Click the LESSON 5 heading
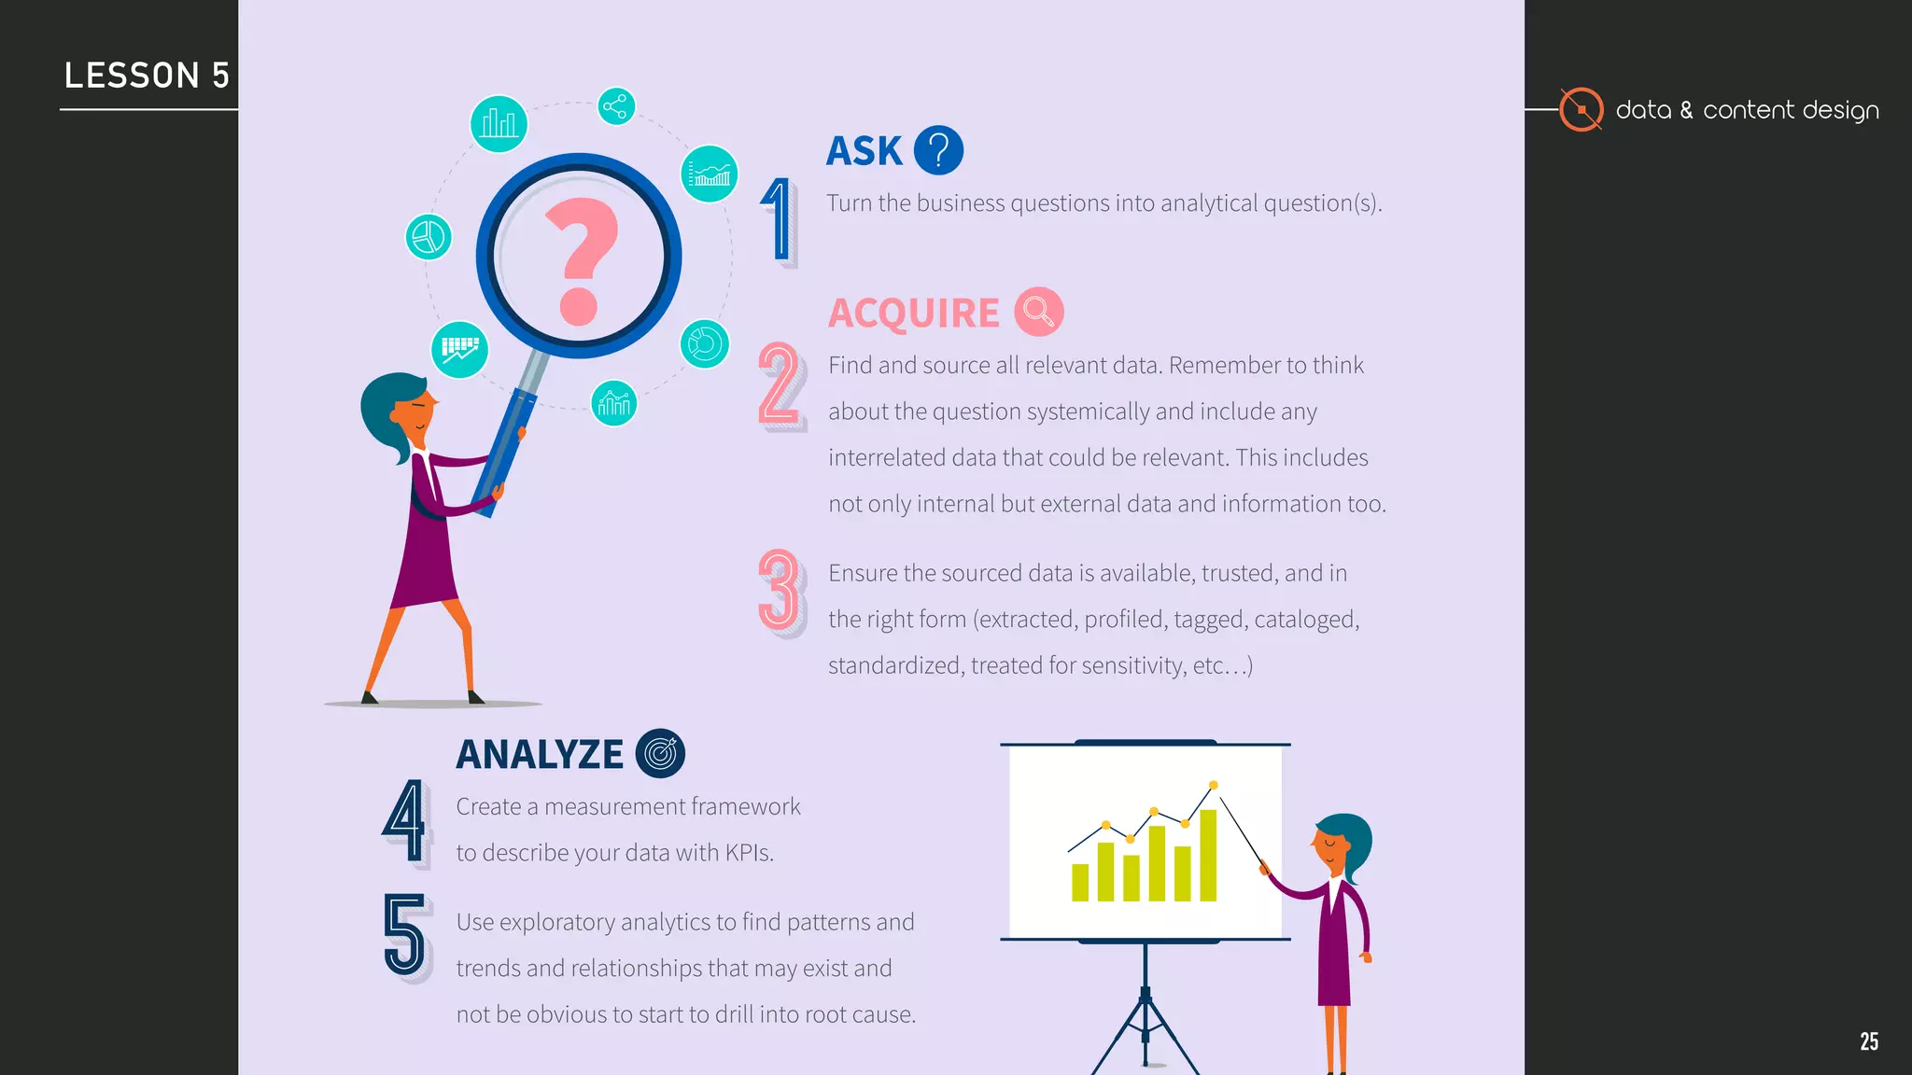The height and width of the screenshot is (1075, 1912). pos(147,76)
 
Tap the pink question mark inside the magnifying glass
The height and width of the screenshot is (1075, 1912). pos(581,260)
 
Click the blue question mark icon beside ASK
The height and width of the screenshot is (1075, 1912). pos(938,150)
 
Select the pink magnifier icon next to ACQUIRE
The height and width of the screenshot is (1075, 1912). pos(1038,312)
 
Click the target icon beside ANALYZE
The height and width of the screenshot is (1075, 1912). pos(660,753)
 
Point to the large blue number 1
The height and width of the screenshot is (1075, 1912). pos(778,220)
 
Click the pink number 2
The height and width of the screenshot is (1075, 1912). pos(780,384)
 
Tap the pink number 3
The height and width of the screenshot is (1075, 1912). pos(780,590)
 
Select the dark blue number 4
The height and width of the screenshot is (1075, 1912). pos(405,820)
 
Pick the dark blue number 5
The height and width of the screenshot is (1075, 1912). pos(405,935)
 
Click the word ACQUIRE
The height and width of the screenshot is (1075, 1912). pos(913,314)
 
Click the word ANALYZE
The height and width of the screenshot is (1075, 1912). pos(539,755)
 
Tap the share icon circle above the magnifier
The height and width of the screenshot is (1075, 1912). pos(616,106)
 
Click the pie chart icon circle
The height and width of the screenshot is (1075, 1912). pos(429,236)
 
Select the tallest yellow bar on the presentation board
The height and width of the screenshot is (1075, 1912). pos(1208,855)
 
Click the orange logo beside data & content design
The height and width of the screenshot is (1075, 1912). pos(1581,110)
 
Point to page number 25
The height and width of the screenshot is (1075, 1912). pos(1868,1041)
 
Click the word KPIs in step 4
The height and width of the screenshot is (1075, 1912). pos(749,853)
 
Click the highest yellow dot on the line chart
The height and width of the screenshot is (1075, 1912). pos(1213,785)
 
